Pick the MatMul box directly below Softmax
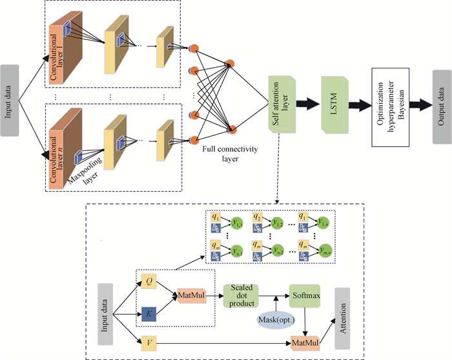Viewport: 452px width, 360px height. [305, 340]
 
